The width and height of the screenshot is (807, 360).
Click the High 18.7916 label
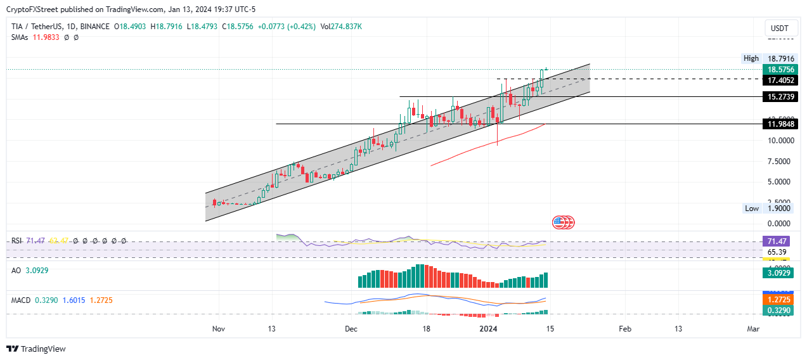[x=769, y=58]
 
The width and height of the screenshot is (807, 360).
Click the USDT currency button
[x=779, y=29]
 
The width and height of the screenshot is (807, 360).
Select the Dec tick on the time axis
[x=352, y=329]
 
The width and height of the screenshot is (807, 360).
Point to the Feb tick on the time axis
[x=624, y=329]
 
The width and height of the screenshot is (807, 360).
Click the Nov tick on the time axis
[x=219, y=329]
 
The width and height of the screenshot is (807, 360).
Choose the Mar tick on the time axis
[x=753, y=329]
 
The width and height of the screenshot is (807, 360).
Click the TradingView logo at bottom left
[x=36, y=349]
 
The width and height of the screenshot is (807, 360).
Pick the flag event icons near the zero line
[x=563, y=222]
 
